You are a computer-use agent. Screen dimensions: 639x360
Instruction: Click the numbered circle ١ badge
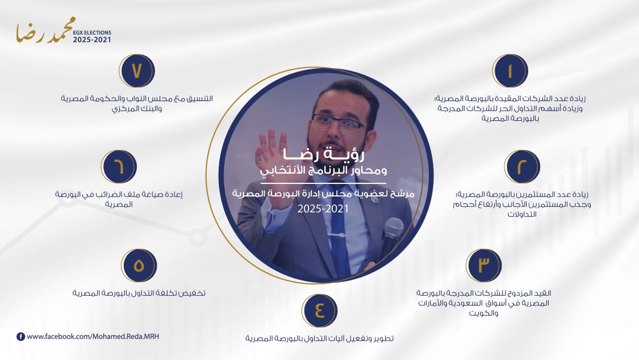pyautogui.click(x=510, y=71)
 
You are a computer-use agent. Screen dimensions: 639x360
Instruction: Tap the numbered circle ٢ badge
pyautogui.click(x=522, y=166)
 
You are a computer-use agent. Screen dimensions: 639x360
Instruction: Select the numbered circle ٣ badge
pyautogui.click(x=484, y=265)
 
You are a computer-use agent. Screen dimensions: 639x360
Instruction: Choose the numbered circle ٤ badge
pyautogui.click(x=319, y=311)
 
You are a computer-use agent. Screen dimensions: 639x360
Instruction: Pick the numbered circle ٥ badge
pyautogui.click(x=139, y=265)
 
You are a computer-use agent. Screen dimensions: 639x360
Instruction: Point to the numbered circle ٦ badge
pyautogui.click(x=119, y=166)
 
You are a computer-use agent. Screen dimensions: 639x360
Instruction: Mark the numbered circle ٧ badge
pyautogui.click(x=137, y=71)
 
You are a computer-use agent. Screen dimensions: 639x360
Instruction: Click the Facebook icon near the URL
pyautogui.click(x=21, y=336)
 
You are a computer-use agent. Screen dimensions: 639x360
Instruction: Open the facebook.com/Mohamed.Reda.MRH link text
pyautogui.click(x=93, y=336)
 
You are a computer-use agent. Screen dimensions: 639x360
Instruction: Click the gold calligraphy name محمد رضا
pyautogui.click(x=45, y=31)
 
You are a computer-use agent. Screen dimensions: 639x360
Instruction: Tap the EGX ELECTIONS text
pyautogui.click(x=92, y=32)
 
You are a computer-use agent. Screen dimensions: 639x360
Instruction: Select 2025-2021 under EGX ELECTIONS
pyautogui.click(x=92, y=40)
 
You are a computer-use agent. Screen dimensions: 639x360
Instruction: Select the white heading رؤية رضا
pyautogui.click(x=324, y=154)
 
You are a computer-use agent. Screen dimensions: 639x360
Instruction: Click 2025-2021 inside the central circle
pyautogui.click(x=323, y=209)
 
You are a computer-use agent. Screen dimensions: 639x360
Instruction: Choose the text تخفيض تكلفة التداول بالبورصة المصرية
pyautogui.click(x=139, y=293)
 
